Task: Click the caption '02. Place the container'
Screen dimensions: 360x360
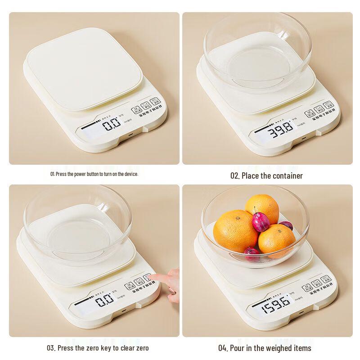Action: pyautogui.click(x=266, y=176)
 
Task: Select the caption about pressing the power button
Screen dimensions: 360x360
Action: pyautogui.click(x=94, y=174)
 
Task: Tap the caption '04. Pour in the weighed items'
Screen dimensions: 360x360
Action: pyautogui.click(x=265, y=348)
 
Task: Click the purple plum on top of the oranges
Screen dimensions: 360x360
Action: pyautogui.click(x=260, y=222)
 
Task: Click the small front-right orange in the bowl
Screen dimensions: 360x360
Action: pyautogui.click(x=276, y=241)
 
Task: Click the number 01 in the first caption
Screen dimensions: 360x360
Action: pyautogui.click(x=52, y=174)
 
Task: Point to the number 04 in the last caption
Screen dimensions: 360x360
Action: pyautogui.click(x=223, y=348)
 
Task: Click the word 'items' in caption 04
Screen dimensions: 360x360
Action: pyautogui.click(x=302, y=348)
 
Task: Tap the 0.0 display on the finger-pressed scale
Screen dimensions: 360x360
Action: pyautogui.click(x=104, y=301)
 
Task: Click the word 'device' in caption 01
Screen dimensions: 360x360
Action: pyautogui.click(x=132, y=174)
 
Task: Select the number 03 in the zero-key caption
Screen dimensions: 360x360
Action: pyautogui.click(x=51, y=348)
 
